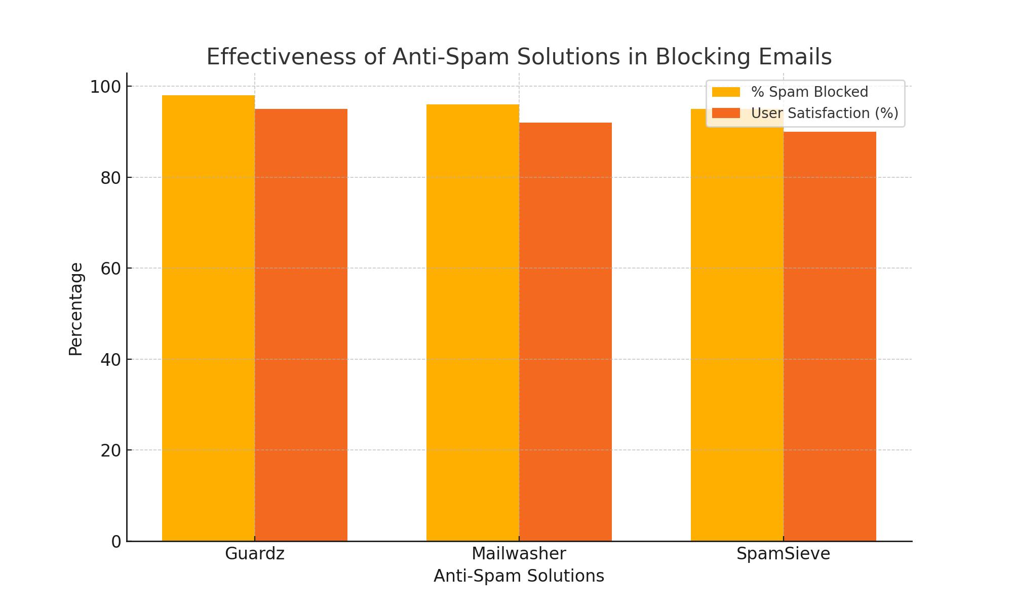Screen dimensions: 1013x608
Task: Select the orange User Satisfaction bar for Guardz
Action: click(x=301, y=325)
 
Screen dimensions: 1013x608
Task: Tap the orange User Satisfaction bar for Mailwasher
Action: click(x=565, y=332)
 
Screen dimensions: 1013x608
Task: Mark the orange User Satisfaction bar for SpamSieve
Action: click(x=830, y=336)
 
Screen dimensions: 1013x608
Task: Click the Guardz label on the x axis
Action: click(x=255, y=553)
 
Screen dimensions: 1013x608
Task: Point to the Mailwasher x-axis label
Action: click(x=519, y=553)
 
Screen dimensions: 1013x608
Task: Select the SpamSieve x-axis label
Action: click(x=783, y=553)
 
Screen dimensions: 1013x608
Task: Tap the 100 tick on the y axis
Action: click(x=105, y=87)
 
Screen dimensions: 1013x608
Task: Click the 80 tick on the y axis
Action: click(x=110, y=178)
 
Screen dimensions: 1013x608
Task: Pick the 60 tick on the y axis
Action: click(x=110, y=269)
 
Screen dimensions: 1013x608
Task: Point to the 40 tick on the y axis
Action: click(x=110, y=360)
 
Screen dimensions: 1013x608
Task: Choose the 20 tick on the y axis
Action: click(x=110, y=450)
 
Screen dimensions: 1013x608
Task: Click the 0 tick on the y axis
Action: click(x=116, y=542)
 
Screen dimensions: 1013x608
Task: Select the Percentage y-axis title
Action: click(x=75, y=309)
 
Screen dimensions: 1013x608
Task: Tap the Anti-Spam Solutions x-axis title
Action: click(x=519, y=576)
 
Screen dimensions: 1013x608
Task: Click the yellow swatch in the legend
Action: click(x=726, y=92)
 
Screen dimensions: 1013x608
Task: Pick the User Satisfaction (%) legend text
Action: click(x=825, y=113)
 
